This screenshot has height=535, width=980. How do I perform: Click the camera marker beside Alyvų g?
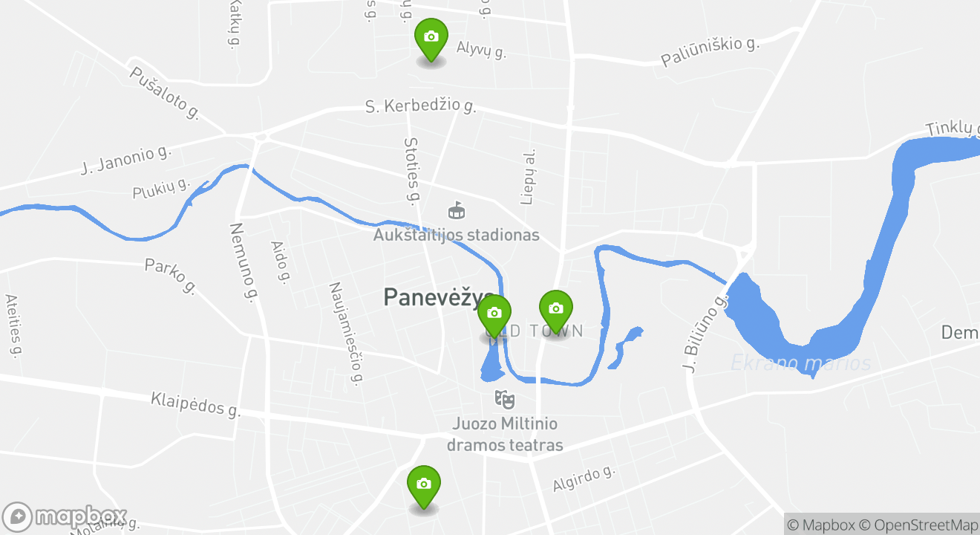click(431, 38)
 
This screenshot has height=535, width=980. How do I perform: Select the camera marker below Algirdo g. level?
click(424, 484)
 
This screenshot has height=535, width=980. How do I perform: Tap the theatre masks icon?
click(505, 399)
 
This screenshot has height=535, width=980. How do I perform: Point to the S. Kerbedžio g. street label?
click(420, 106)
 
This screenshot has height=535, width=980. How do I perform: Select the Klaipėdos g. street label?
click(196, 404)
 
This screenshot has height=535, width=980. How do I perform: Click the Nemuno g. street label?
click(243, 262)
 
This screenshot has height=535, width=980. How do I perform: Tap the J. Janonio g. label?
click(125, 160)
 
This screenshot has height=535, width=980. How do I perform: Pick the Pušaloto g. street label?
click(164, 93)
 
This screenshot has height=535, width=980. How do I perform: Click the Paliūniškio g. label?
click(710, 52)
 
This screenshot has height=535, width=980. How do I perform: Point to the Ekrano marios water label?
click(800, 363)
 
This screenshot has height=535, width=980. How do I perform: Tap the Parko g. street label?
click(170, 276)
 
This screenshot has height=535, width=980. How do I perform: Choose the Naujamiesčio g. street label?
click(346, 334)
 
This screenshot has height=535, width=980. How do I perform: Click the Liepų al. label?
click(528, 175)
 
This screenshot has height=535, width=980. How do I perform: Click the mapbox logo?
click(65, 517)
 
